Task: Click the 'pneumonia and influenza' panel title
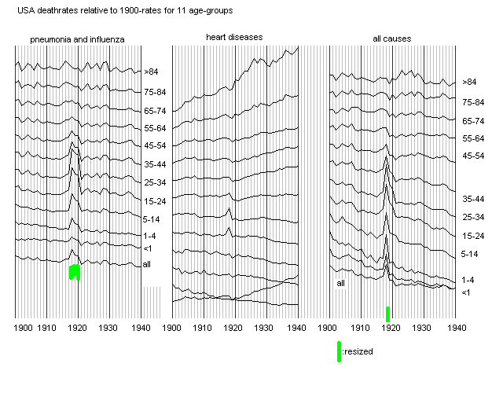(77, 39)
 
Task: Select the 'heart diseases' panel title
(234, 37)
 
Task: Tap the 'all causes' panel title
(391, 39)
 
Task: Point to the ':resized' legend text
(358, 351)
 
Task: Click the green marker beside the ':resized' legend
(339, 351)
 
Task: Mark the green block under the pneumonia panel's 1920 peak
(75, 272)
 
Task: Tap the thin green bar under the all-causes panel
(387, 313)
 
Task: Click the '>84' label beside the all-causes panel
(469, 82)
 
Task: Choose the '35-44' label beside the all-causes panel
(474, 200)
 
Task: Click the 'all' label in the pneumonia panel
(147, 264)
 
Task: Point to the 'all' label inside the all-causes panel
(341, 283)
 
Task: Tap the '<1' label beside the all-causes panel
(465, 292)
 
